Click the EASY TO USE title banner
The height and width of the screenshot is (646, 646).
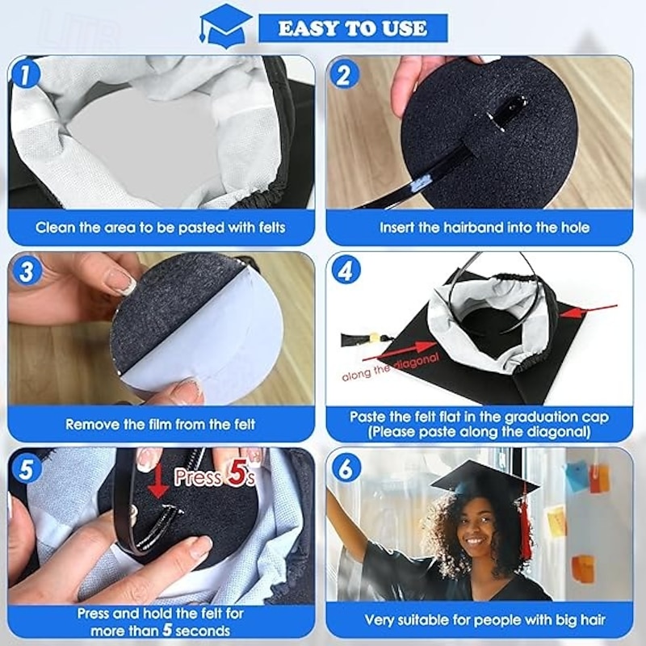[353, 28]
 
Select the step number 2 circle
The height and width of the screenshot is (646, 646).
[344, 75]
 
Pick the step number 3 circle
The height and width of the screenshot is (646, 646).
[26, 271]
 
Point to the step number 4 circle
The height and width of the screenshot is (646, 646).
[345, 271]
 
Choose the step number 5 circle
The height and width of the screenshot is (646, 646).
[26, 468]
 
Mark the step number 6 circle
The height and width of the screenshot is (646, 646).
[345, 468]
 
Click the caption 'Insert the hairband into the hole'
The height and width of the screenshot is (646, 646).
[484, 228]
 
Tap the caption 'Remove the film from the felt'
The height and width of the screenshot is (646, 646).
[161, 424]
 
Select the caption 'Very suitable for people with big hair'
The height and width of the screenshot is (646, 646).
[484, 620]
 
